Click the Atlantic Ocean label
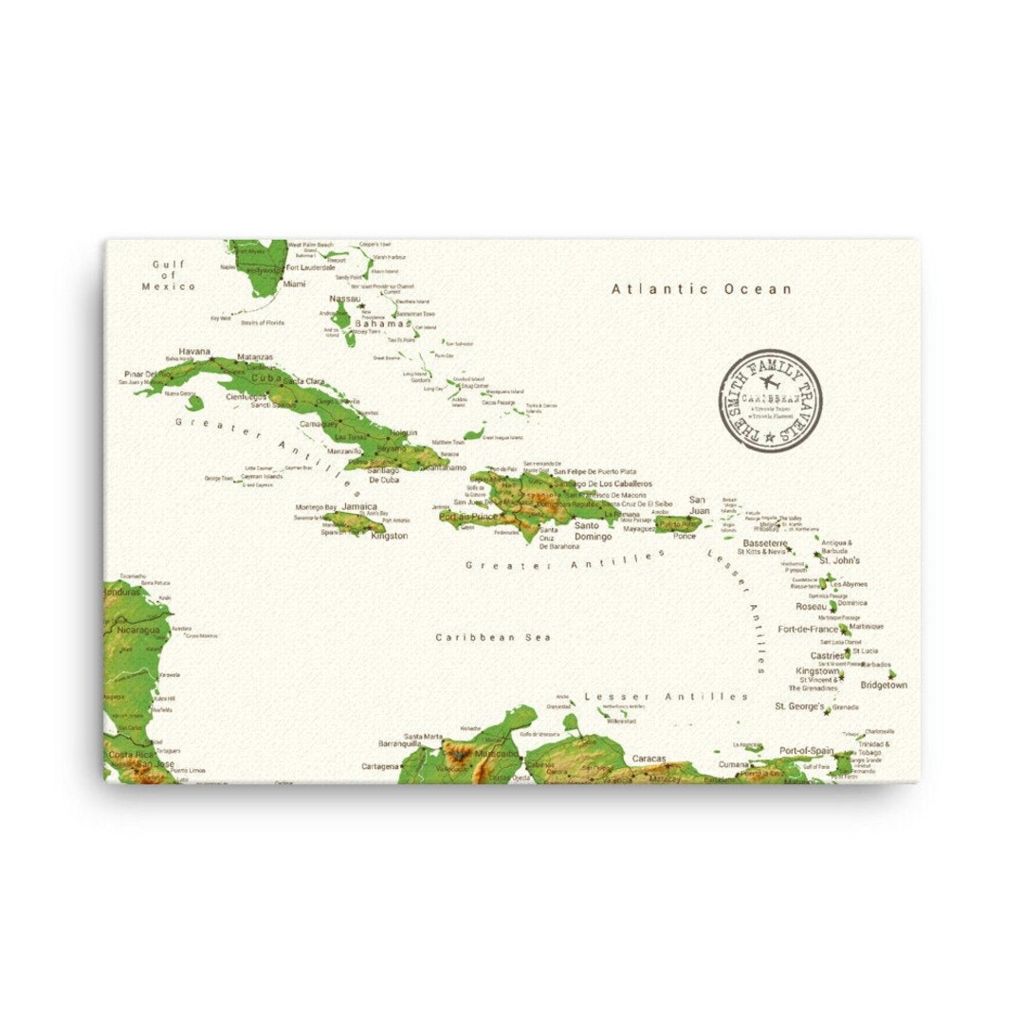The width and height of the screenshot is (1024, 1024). [701, 289]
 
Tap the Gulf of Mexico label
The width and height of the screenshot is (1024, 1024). [169, 275]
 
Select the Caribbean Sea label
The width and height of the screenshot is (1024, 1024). [493, 637]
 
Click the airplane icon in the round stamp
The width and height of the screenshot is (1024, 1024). [769, 384]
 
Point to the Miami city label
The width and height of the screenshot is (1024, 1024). [295, 283]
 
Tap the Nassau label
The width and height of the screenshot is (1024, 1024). [345, 299]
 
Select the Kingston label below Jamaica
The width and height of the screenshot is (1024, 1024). [390, 536]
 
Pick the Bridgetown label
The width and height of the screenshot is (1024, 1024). [883, 685]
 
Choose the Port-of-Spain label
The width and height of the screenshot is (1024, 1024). [806, 750]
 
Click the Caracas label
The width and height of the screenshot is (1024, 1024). [649, 759]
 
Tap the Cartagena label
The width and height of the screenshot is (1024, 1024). [380, 766]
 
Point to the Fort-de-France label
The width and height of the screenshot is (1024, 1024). [808, 629]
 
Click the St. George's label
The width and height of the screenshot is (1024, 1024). [799, 706]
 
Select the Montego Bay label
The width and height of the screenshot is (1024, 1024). [316, 507]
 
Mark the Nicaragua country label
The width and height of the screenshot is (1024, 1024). [138, 630]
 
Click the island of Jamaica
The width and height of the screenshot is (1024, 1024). [355, 521]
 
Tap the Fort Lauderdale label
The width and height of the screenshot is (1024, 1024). [311, 267]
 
